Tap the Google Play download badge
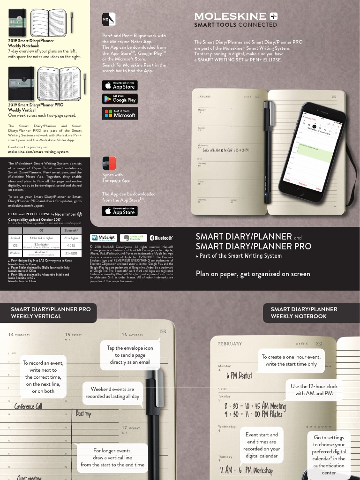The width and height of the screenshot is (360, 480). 120,99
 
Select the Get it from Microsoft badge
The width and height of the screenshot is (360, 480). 120,113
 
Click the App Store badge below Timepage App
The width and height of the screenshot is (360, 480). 120,211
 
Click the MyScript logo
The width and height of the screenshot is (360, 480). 104,238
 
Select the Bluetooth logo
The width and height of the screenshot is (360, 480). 161,238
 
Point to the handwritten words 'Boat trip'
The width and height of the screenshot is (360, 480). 83,413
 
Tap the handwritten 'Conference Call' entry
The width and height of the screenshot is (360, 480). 28,406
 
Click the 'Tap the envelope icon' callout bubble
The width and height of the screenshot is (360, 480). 130,355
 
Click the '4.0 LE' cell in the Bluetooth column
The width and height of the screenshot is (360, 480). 71,245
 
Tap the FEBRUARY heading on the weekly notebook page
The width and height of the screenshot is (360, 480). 230,344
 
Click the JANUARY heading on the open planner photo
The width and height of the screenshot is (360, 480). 204,97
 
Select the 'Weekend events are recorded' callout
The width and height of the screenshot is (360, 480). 112,393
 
